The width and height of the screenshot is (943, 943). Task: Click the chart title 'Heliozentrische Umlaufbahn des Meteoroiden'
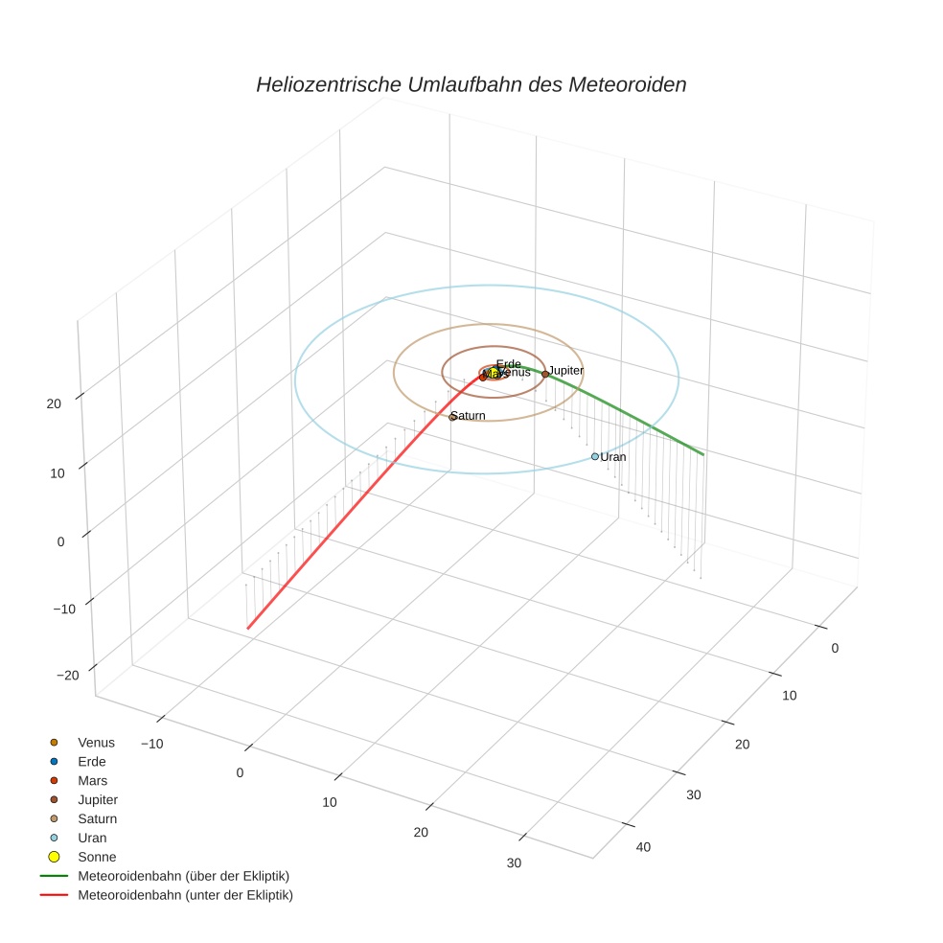(471, 84)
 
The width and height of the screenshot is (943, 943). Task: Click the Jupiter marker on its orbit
(544, 374)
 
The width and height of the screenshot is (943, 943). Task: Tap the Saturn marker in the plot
(452, 417)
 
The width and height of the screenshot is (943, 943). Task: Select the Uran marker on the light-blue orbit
(594, 456)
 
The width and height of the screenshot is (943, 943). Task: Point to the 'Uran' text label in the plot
(613, 457)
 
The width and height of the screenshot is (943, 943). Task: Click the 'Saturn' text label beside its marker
(469, 415)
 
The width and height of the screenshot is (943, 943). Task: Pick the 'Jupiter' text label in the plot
(566, 370)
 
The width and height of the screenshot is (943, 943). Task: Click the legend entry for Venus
(96, 742)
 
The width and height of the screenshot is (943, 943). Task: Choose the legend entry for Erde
(91, 761)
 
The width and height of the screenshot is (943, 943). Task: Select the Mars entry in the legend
(92, 780)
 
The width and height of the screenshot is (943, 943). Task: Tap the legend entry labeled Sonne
(97, 857)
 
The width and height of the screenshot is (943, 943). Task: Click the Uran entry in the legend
(92, 838)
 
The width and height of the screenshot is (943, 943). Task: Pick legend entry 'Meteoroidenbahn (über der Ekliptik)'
(183, 876)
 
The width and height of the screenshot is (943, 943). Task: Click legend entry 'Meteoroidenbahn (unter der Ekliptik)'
(185, 895)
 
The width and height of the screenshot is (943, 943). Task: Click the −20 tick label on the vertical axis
(67, 675)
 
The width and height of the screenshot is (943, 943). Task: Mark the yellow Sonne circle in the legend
(54, 857)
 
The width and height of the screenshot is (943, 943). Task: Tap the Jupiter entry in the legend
(98, 799)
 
